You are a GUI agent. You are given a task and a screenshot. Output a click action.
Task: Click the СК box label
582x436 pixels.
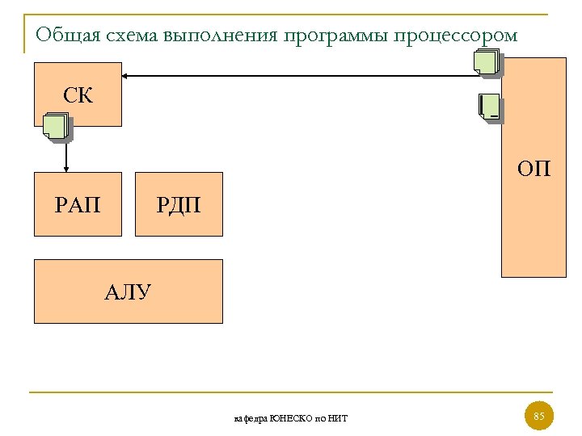78,96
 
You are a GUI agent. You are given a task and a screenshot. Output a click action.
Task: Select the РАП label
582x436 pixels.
78,205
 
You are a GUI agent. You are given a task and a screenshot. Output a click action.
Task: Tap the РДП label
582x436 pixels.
178,205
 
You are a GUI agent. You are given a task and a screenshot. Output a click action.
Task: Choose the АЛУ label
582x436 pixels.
128,291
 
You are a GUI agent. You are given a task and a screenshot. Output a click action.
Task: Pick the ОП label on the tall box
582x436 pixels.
534,169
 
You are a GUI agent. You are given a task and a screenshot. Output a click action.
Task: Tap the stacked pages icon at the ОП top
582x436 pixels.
487,63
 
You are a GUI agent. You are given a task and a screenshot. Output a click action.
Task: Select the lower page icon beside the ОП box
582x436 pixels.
490,108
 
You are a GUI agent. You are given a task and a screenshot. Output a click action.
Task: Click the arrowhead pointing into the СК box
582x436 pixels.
127,76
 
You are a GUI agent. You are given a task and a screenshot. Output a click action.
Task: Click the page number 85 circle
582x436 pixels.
539,417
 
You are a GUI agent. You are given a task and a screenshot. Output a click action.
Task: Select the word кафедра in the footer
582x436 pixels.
251,418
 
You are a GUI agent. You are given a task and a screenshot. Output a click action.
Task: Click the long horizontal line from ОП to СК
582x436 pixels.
299,76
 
